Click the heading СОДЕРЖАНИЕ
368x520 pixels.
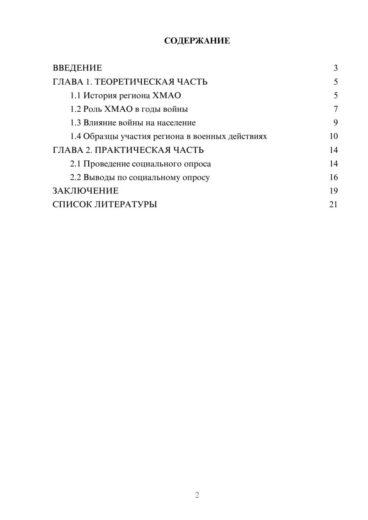click(x=197, y=41)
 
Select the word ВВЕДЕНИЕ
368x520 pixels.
click(x=77, y=68)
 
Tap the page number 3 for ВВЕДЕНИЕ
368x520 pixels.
click(x=335, y=68)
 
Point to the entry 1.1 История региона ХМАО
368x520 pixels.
click(x=125, y=96)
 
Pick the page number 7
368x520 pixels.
click(x=335, y=109)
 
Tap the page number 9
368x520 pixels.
click(x=335, y=123)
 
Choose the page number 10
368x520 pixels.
click(x=333, y=136)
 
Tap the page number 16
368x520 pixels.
click(x=333, y=178)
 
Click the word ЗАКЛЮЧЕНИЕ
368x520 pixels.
click(x=85, y=191)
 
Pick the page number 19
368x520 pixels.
click(x=333, y=191)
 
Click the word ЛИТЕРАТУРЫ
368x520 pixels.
click(x=126, y=204)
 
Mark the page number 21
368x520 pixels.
click(x=333, y=204)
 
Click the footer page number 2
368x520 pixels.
click(x=197, y=495)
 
